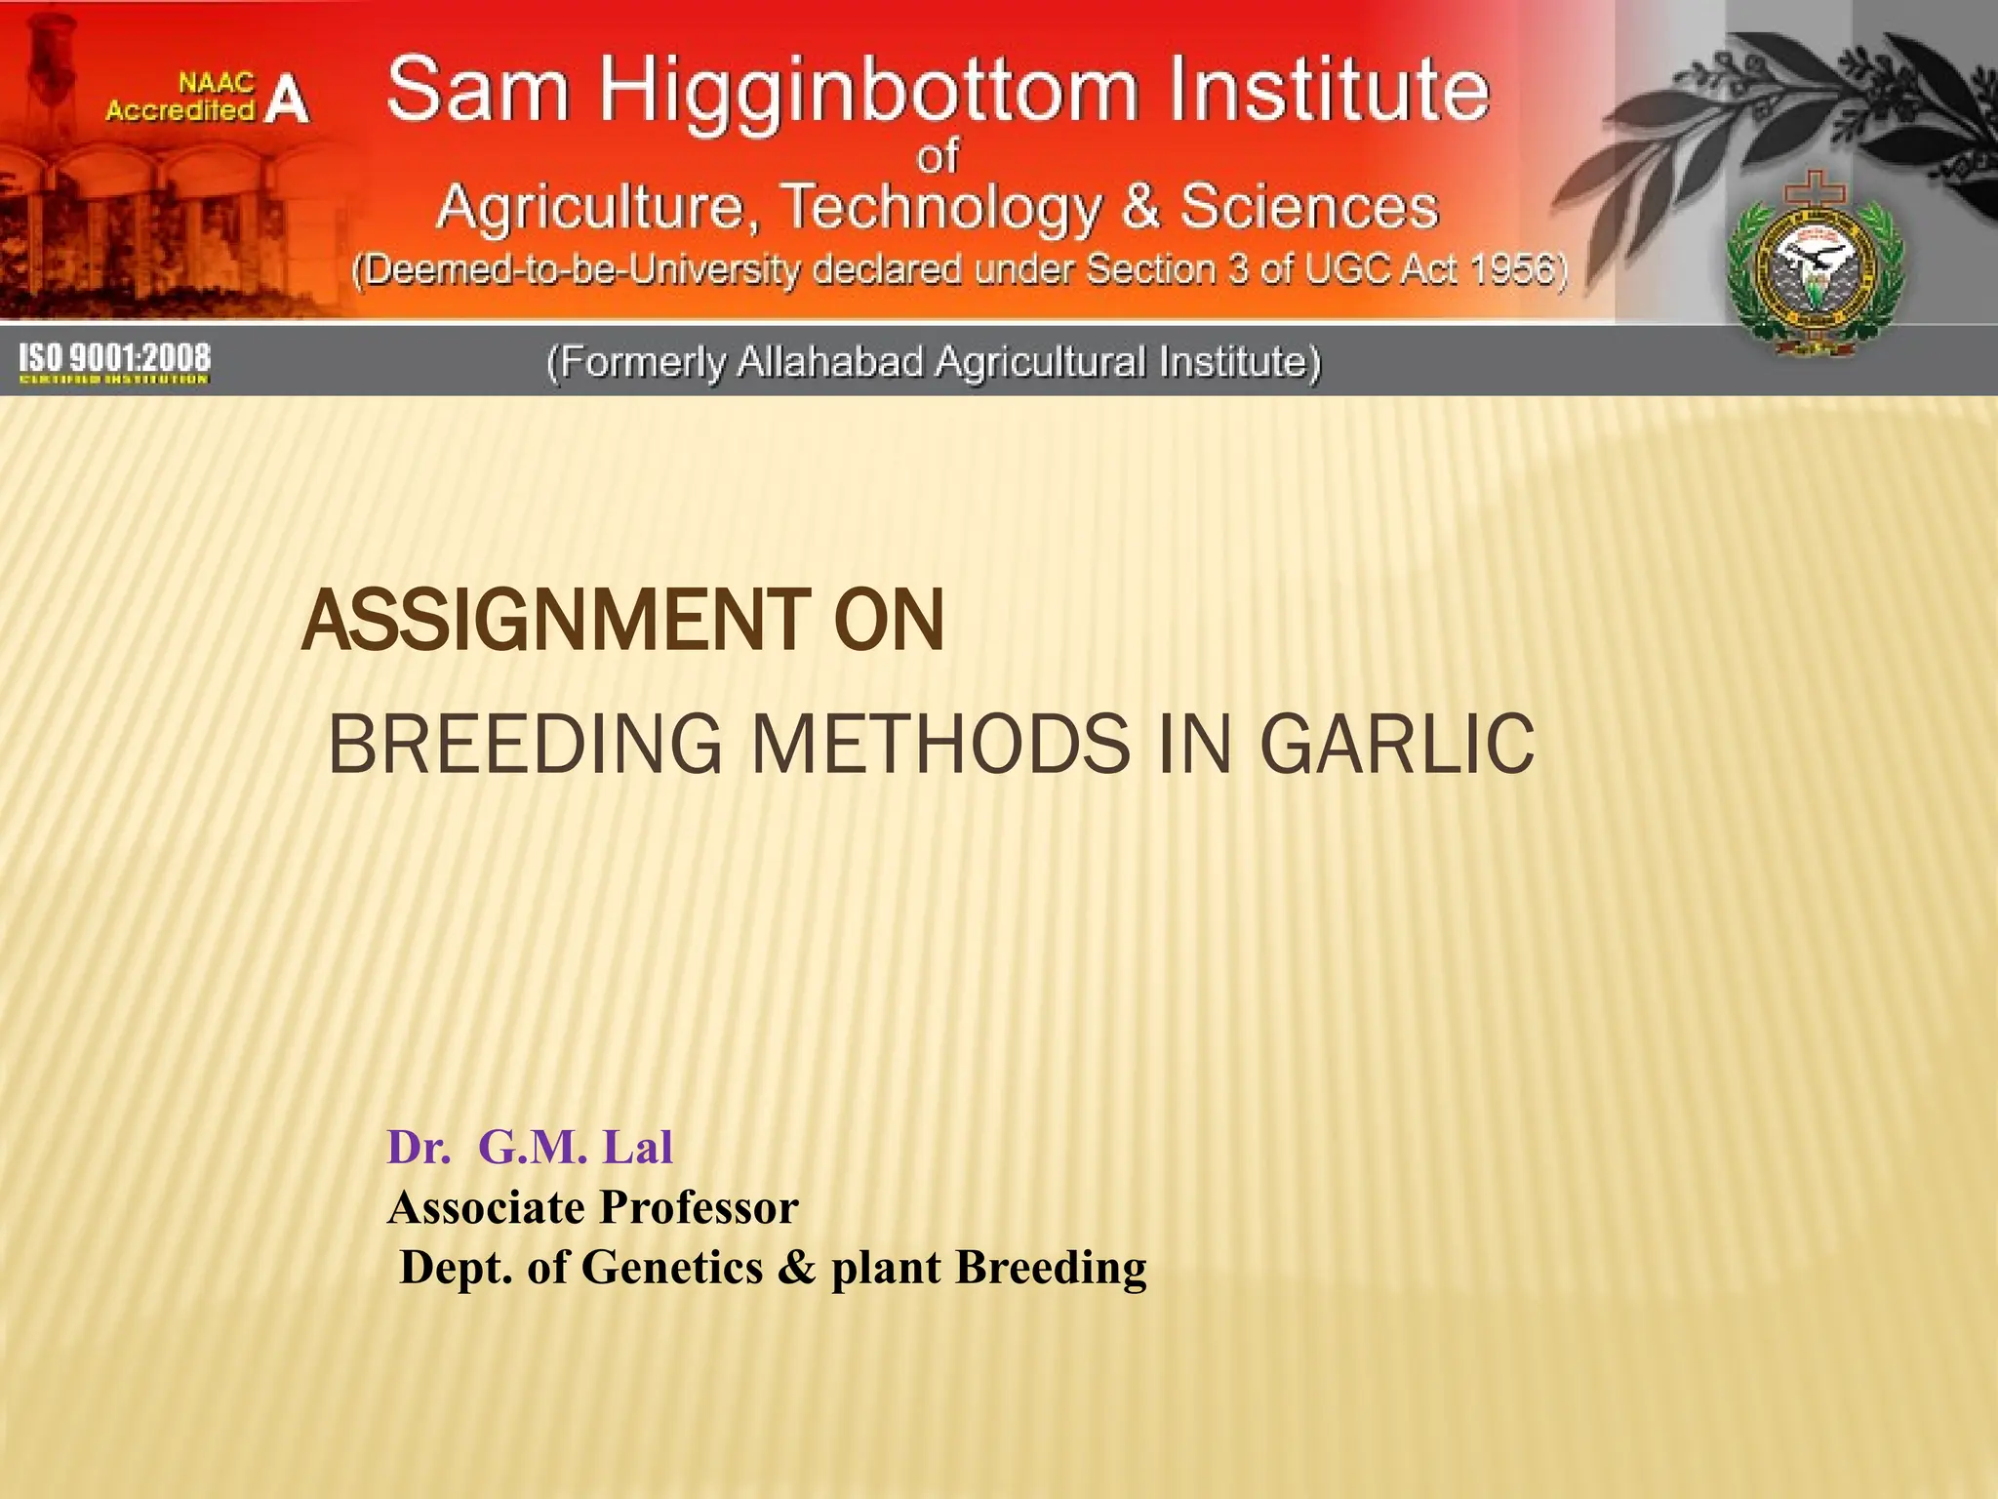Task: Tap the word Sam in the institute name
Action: (x=477, y=90)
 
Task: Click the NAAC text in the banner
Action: (x=216, y=84)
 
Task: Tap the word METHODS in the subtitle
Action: (x=941, y=745)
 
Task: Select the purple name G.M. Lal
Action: (x=575, y=1147)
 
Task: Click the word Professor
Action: (x=699, y=1207)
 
